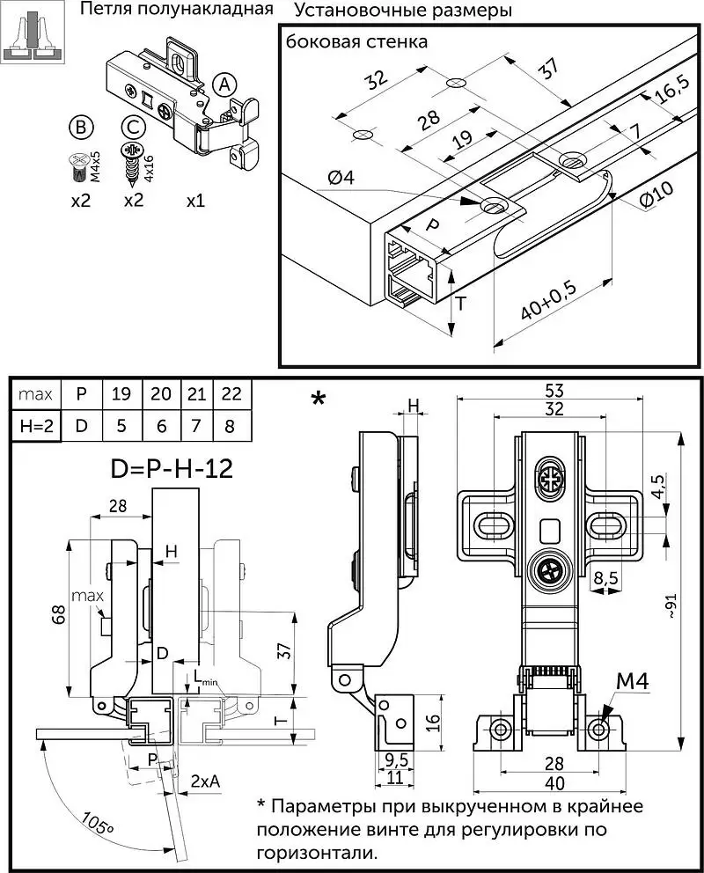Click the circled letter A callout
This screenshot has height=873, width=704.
(224, 84)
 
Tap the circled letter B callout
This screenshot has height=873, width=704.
(81, 128)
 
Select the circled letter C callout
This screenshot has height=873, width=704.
(133, 128)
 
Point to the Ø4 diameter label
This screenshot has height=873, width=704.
(341, 178)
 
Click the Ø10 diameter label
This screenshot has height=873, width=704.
(656, 194)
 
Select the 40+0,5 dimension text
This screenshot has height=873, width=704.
(549, 301)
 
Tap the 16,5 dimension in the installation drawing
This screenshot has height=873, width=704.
(672, 90)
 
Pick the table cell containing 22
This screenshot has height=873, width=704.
(231, 394)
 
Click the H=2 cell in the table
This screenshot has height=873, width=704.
(36, 426)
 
